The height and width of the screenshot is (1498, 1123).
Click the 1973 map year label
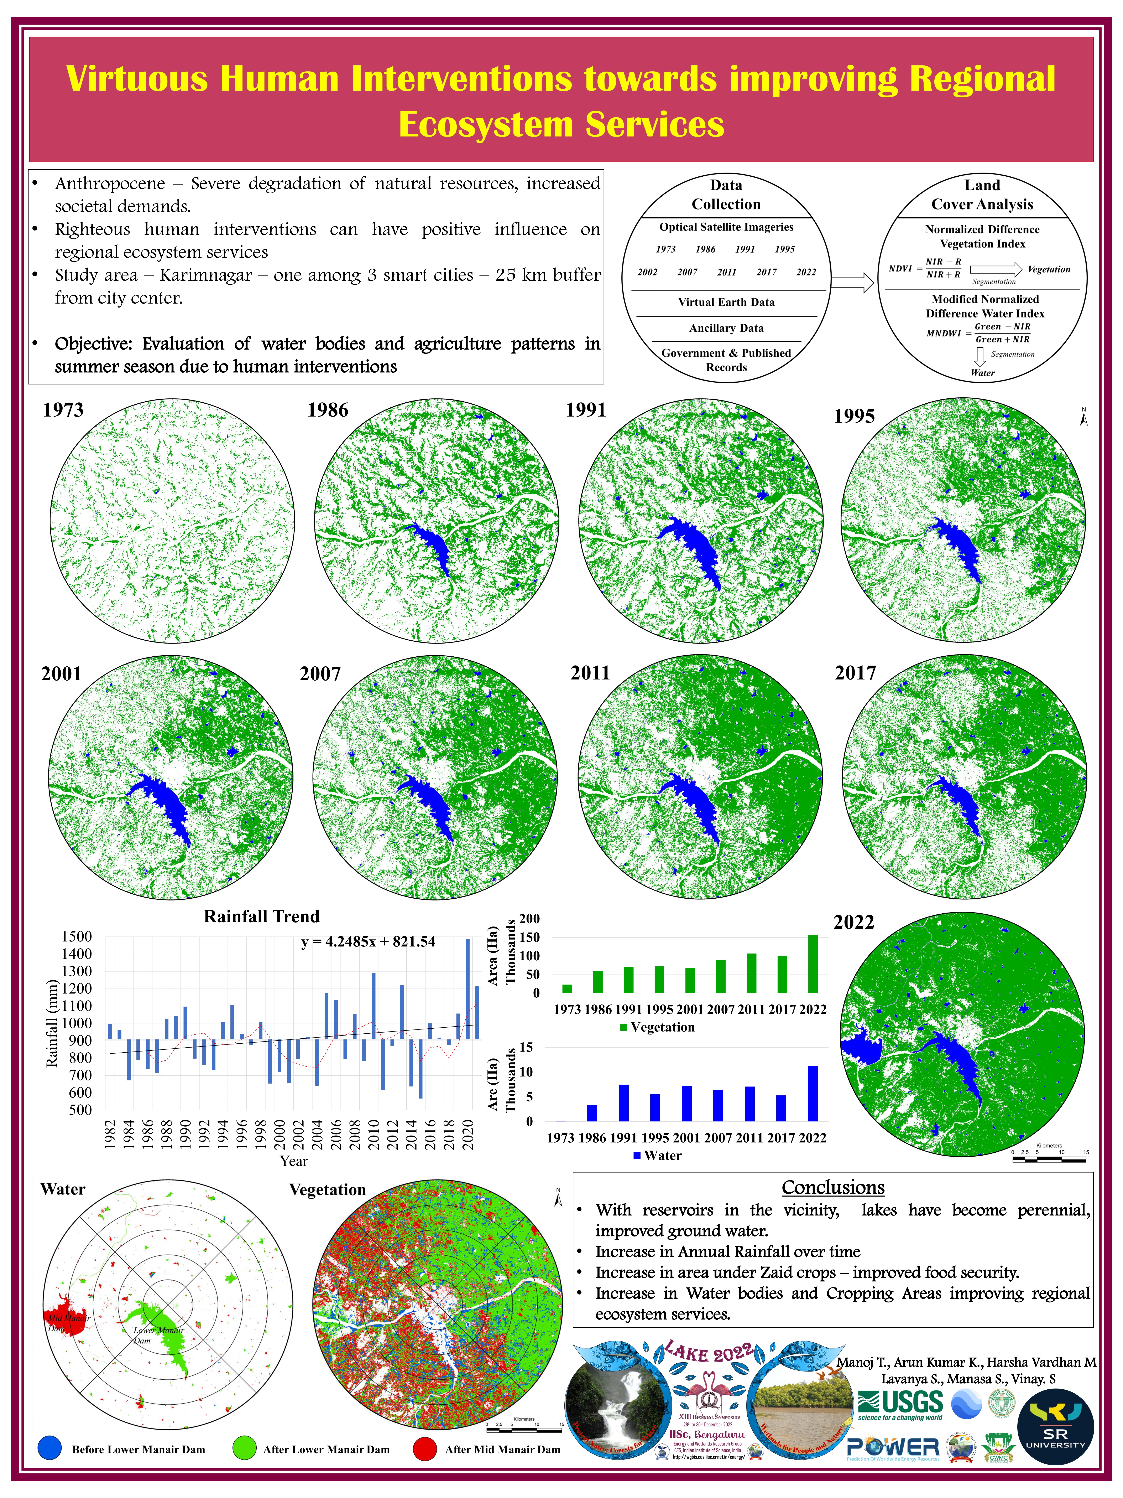click(x=63, y=410)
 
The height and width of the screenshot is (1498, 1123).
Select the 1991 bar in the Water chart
click(x=623, y=1103)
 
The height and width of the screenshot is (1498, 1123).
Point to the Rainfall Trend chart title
click(x=261, y=917)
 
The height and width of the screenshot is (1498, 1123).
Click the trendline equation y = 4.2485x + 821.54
click(x=367, y=942)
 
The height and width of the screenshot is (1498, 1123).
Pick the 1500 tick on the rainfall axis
click(x=77, y=937)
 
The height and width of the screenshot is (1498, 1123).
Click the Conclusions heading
click(x=833, y=1188)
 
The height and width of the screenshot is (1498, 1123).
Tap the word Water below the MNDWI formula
click(x=982, y=372)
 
